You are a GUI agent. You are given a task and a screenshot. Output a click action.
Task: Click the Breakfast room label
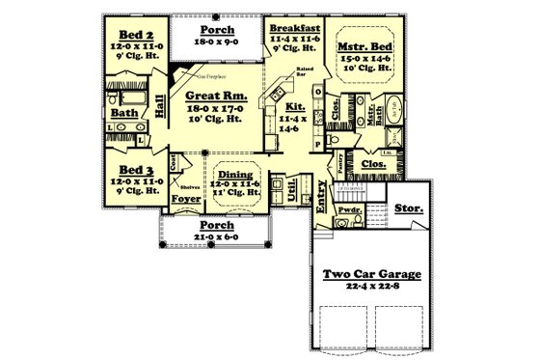pos(294,28)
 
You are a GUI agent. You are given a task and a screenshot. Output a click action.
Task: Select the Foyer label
pos(185,200)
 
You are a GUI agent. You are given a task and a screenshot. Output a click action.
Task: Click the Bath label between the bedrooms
pos(124,113)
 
